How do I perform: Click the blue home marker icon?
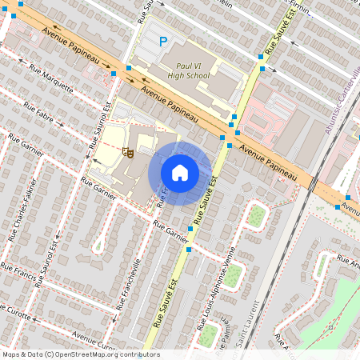pyautogui.click(x=180, y=173)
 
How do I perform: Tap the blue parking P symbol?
pyautogui.click(x=163, y=42)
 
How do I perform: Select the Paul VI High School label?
pyautogui.click(x=188, y=70)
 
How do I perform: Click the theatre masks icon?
pyautogui.click(x=126, y=151)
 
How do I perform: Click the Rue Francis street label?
pyautogui.click(x=16, y=265)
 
